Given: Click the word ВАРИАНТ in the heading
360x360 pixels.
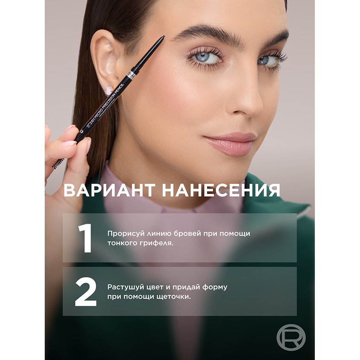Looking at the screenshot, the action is (109, 190).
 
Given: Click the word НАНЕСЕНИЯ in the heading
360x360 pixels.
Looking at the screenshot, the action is (221, 190).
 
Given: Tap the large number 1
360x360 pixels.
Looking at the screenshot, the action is (85, 238).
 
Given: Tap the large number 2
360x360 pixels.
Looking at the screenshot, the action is (86, 292).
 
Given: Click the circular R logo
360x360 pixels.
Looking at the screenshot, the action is (291, 337).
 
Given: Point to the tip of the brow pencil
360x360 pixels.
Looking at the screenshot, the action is (164, 36).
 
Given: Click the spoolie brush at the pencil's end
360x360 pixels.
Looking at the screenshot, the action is (58, 163).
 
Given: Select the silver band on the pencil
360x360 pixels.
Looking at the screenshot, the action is (131, 74).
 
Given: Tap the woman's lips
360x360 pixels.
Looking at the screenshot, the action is (230, 144).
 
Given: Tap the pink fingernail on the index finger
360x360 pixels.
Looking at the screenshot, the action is (69, 144).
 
